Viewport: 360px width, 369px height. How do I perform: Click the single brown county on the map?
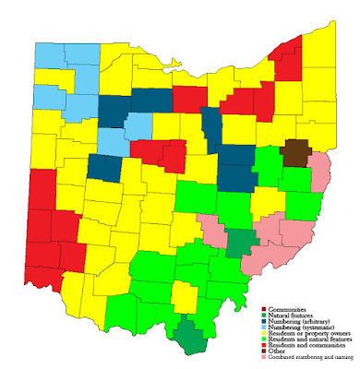tap(296, 152)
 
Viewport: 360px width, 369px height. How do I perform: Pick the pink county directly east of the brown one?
tap(319, 172)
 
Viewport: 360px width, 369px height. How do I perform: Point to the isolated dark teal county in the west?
tap(103, 168)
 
